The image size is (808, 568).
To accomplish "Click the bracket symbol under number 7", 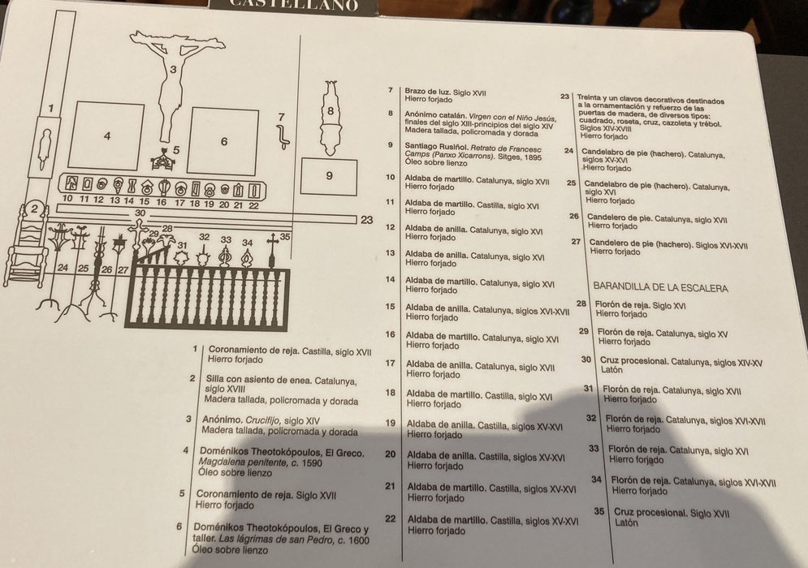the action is (283, 136).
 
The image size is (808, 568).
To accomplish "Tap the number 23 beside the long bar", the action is (366, 220).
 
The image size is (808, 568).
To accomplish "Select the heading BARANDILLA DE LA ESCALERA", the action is (661, 287).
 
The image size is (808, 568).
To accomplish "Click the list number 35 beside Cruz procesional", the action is (598, 511).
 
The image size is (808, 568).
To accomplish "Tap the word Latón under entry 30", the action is (611, 369).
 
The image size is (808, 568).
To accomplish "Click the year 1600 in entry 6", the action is (358, 540).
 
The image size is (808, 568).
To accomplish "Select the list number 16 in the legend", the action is (390, 334).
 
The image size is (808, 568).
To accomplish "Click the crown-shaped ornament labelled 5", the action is (163, 160).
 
